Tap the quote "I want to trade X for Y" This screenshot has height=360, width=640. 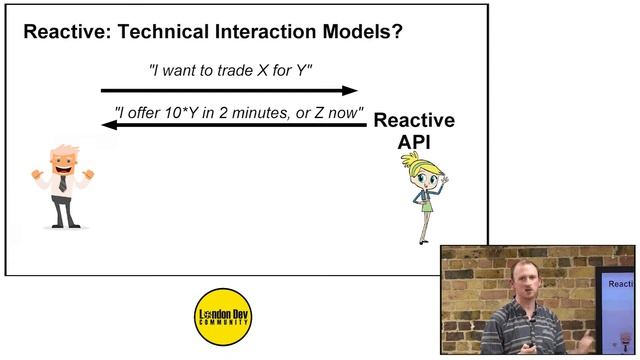pos(231,71)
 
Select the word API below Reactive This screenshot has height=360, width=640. pos(414,141)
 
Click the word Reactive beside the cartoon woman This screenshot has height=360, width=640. pos(414,121)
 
